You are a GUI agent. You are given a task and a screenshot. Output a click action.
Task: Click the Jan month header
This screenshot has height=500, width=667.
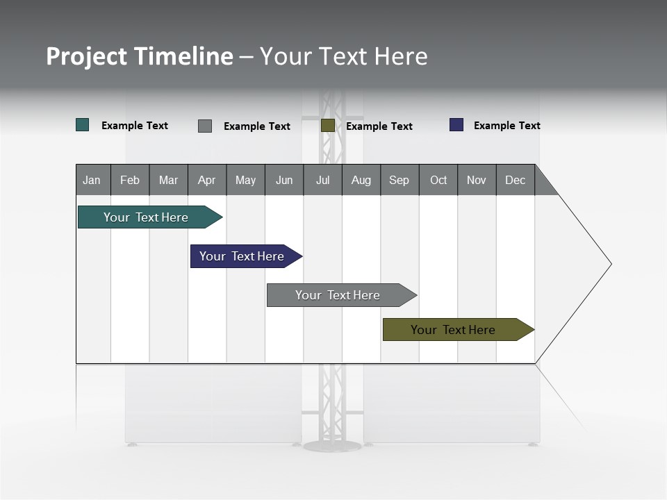92,180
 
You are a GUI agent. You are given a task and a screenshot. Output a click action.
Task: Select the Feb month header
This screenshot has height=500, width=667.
130,180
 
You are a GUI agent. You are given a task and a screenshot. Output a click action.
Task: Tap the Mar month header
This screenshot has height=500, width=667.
168,180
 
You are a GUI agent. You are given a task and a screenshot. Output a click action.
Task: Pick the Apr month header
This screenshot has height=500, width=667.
206,180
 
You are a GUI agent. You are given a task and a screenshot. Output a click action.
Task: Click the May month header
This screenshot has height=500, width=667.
245,180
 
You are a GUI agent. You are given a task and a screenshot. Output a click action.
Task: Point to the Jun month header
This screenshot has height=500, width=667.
284,180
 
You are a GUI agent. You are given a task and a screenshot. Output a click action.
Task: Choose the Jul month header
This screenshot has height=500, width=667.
322,180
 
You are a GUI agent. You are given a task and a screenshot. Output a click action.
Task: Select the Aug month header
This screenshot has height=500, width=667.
361,180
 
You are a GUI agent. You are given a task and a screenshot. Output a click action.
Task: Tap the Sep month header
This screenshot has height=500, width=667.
400,180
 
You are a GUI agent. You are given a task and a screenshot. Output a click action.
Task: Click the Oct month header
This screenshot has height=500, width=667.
438,180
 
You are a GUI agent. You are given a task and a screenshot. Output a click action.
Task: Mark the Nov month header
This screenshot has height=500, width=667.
477,180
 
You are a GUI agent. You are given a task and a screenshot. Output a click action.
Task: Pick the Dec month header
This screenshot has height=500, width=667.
515,180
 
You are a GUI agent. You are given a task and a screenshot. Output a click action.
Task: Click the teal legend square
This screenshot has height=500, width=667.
83,125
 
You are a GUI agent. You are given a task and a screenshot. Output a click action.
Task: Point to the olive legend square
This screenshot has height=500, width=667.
328,126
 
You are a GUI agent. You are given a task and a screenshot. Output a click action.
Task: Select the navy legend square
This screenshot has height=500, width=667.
456,125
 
